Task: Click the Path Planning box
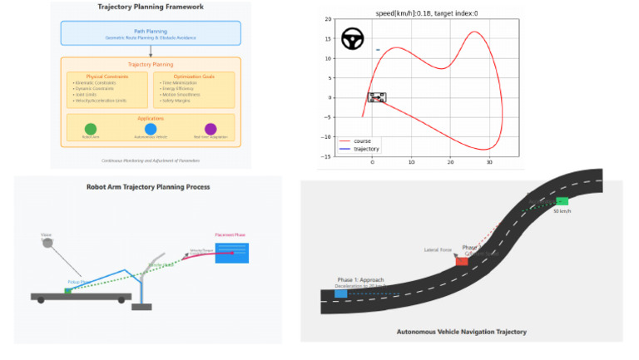(151, 33)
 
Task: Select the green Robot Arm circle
(90, 129)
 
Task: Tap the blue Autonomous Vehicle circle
(151, 129)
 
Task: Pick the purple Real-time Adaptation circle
(211, 129)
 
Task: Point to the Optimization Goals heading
(193, 76)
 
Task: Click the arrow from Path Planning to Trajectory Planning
(151, 51)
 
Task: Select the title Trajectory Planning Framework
(151, 7)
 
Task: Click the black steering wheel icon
(353, 39)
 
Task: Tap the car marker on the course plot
(377, 97)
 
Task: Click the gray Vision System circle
(47, 244)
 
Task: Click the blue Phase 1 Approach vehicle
(341, 293)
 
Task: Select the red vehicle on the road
(462, 261)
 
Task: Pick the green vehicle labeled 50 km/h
(562, 201)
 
